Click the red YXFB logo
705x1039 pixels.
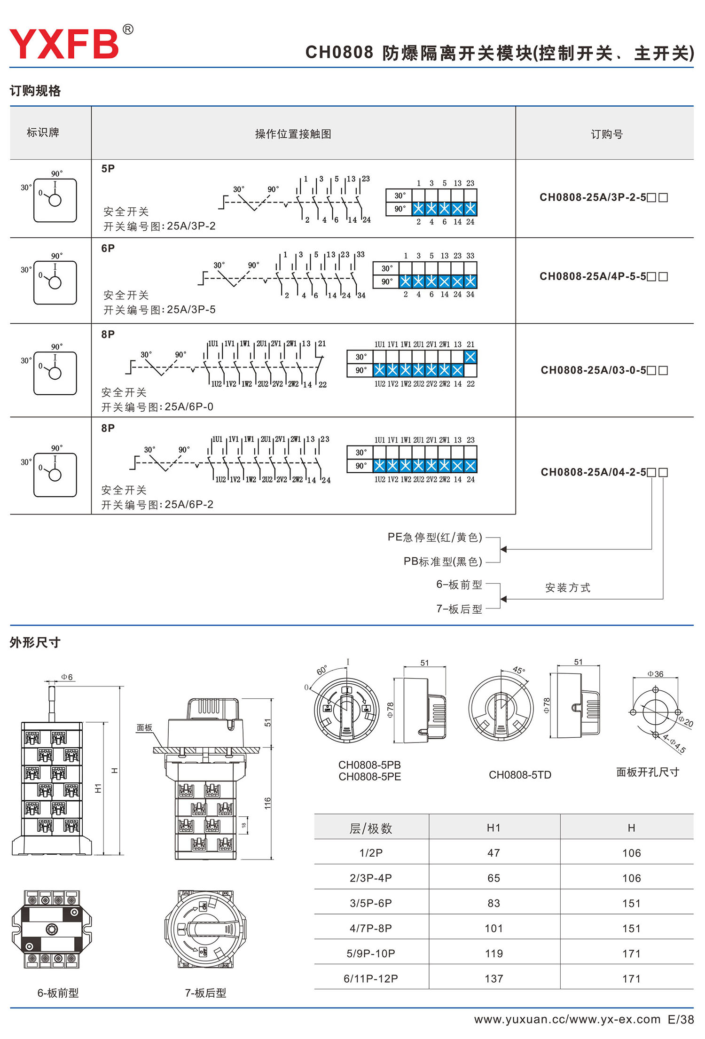tap(64, 44)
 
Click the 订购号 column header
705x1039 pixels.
tap(606, 134)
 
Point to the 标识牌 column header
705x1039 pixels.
tap(43, 133)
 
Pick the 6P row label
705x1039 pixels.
tap(108, 248)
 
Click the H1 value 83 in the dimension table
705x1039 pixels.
tap(493, 903)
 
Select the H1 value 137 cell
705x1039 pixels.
tap(493, 978)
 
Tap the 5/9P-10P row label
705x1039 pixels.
tap(371, 953)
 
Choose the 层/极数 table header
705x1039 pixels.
tap(370, 828)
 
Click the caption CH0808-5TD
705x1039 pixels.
tap(520, 775)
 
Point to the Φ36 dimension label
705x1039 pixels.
tap(655, 674)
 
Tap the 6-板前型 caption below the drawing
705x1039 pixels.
tap(58, 993)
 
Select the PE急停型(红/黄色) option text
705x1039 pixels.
tap(435, 537)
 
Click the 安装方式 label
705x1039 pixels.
tap(568, 587)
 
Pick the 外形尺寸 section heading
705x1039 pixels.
tap(35, 642)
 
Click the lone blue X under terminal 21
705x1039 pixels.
tap(470, 357)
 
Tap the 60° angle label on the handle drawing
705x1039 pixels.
tap(322, 670)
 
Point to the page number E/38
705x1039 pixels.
tap(681, 1019)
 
